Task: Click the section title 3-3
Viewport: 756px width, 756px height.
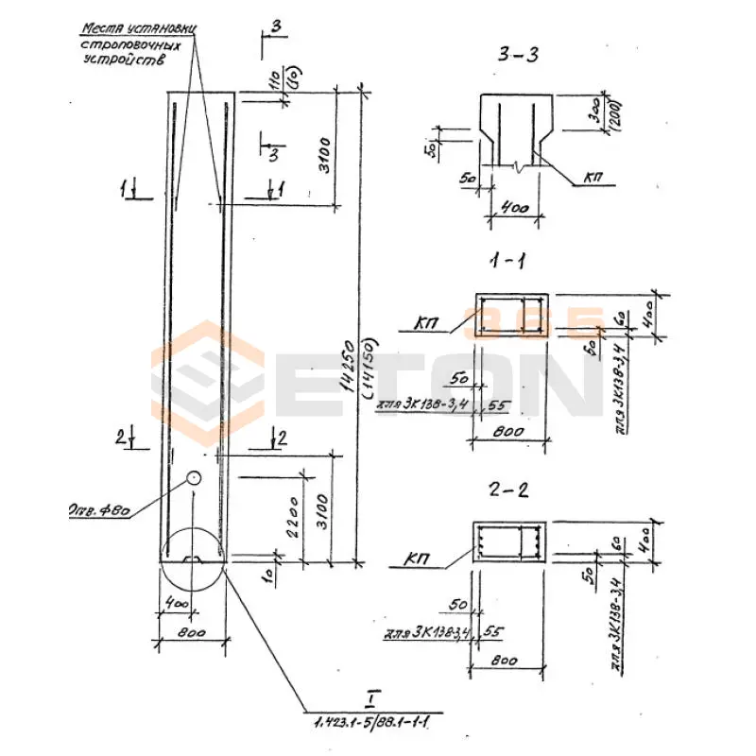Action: tap(519, 55)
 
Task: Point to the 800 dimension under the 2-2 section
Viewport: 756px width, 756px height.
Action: tap(509, 661)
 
